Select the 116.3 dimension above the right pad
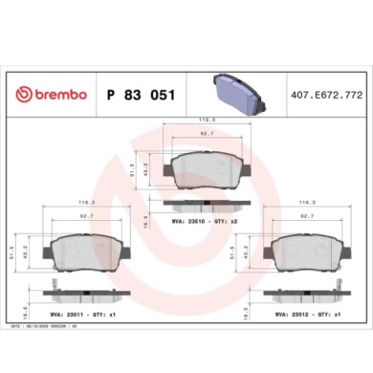[308, 203]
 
